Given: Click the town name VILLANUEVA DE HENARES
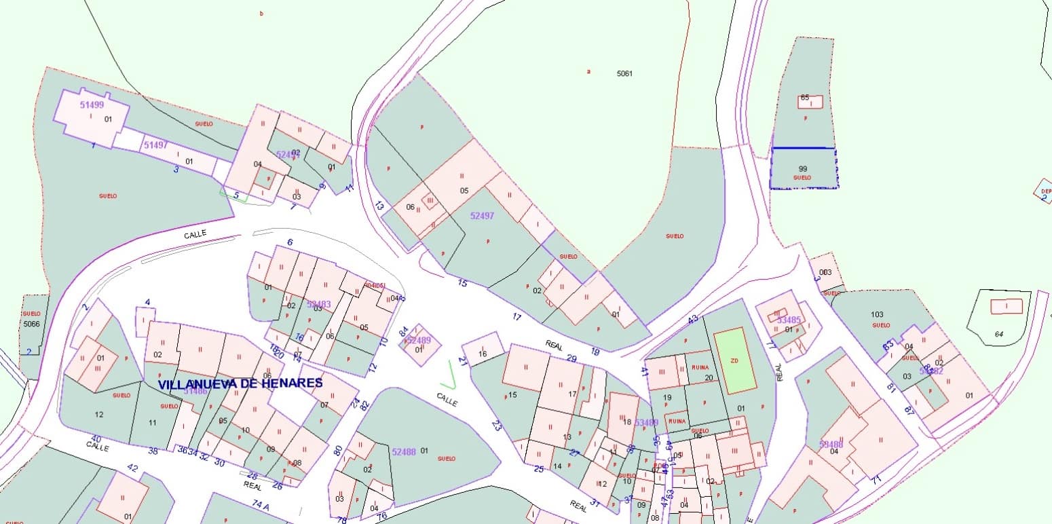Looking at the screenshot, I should [240, 383].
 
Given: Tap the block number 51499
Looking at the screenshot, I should [92, 105].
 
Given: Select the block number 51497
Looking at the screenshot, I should [155, 145].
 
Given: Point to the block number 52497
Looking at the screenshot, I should [482, 215].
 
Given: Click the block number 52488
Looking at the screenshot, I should [403, 452].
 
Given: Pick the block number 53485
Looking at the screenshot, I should [789, 320].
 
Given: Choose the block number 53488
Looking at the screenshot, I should [831, 445].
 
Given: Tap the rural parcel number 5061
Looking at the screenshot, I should [624, 73].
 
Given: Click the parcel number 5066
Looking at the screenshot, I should [32, 324].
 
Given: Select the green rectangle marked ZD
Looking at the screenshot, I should [735, 360].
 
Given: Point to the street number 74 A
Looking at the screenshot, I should [261, 504].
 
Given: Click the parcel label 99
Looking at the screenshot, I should [803, 169].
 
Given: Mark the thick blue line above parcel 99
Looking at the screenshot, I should [804, 148].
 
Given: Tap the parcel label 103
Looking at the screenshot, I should [877, 314].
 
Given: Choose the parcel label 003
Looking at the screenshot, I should [825, 272].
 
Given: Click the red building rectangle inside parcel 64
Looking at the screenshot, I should [1006, 307].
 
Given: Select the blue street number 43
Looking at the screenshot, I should [692, 320].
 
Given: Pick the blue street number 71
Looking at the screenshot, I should [876, 479].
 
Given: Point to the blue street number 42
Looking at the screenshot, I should [132, 468].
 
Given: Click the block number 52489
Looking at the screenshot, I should [418, 340].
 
